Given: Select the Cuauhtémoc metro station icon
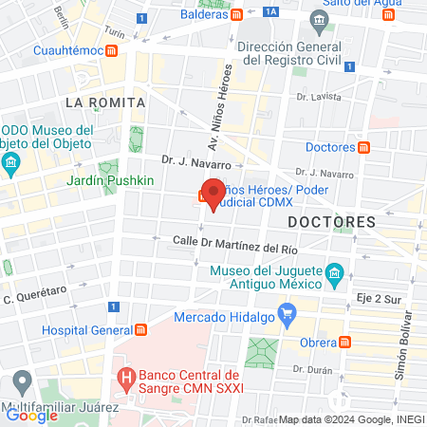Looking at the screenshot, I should [112, 49].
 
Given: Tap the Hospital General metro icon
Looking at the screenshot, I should [140, 328].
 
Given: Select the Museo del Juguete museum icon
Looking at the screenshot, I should [334, 276].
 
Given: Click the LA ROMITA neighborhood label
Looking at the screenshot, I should [104, 102].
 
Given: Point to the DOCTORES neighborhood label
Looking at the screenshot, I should [331, 221].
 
